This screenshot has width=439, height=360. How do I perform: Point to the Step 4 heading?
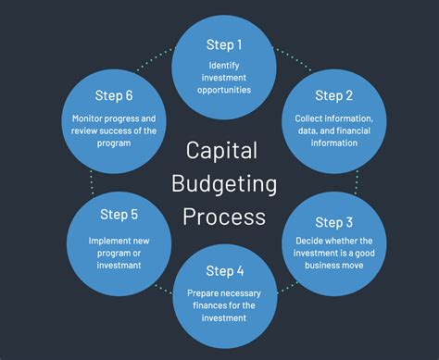click(225, 270)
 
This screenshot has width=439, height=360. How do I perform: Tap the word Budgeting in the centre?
click(223, 182)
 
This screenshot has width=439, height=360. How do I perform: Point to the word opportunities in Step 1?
click(225, 91)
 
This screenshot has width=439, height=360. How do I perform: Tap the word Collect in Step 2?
click(309, 118)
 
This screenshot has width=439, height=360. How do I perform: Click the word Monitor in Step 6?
click(89, 118)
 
